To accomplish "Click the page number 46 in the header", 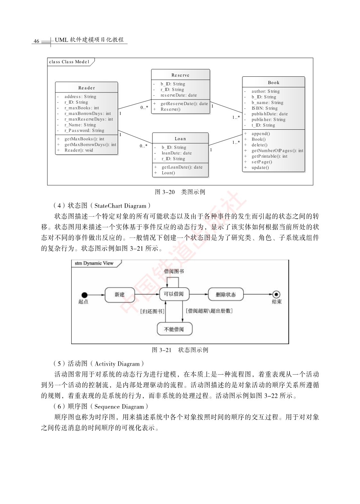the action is coord(36,41).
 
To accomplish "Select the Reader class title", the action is coord(87,88).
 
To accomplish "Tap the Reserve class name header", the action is coord(180,75).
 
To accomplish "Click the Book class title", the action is coord(273,83).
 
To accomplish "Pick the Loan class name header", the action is coord(180,139).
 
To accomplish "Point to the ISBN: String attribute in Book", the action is coord(264,108).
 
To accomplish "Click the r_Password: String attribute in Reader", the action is coord(84,131).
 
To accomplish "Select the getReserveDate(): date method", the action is coord(184,103).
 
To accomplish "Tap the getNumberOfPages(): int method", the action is coord(277,151).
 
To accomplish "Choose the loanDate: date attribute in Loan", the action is coord(177,153).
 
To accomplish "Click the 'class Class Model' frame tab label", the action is coord(69,62).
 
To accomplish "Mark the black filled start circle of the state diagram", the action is coord(84,295).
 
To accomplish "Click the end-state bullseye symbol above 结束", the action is coord(276,294).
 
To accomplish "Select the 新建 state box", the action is coord(120,294).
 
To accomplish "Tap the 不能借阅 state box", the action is coord(175,329).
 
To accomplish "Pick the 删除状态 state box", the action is coord(226,294).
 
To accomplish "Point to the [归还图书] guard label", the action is coord(152,311).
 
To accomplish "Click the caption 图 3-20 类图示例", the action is coord(180,192).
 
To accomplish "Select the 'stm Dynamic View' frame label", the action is coord(94,263).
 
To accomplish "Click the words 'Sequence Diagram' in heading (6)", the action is coord(119,407).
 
